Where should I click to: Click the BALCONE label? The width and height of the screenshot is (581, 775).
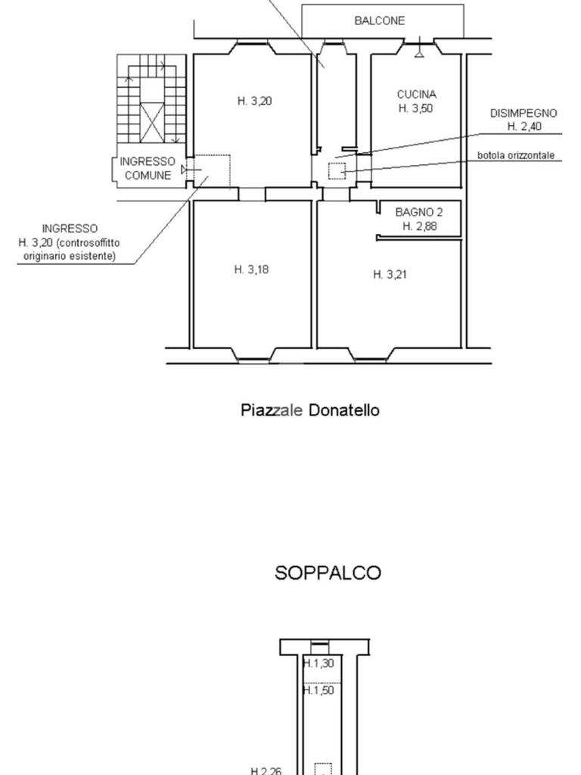(379, 21)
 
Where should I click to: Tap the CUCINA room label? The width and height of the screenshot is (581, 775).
(416, 95)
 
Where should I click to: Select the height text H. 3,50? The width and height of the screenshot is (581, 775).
(416, 108)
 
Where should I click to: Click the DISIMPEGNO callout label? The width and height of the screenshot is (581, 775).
(524, 113)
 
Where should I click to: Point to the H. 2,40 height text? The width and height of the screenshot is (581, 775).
(524, 126)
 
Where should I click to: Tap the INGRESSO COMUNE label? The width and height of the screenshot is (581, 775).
(148, 168)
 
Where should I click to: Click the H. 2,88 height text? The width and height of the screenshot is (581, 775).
(419, 226)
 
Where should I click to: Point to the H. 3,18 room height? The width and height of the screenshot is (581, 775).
(251, 269)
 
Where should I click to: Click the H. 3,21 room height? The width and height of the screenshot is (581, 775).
(390, 275)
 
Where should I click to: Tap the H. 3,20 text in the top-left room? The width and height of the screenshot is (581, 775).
(254, 101)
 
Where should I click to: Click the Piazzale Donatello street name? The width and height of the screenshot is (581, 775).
(310, 410)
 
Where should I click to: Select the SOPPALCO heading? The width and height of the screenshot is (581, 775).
(328, 573)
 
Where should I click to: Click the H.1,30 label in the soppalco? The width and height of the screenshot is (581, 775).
(318, 664)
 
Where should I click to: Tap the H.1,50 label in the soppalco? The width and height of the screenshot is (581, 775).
(318, 690)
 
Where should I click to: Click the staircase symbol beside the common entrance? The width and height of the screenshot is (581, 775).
(151, 102)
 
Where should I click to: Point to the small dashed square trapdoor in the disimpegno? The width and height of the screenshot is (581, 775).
(337, 171)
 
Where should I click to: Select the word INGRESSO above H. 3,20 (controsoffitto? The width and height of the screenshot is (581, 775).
(70, 228)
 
